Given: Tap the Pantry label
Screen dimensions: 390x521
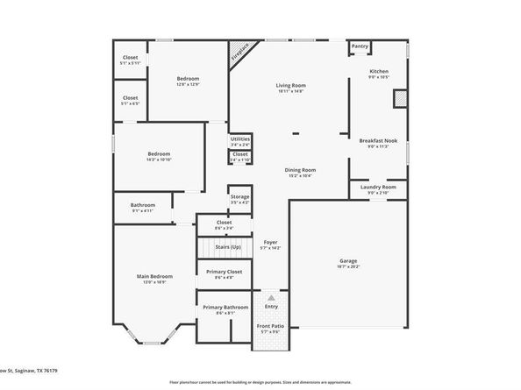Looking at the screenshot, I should [x=360, y=46].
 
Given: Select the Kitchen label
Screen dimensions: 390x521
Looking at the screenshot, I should [x=379, y=71].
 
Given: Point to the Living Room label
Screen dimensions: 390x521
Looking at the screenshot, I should [x=291, y=85].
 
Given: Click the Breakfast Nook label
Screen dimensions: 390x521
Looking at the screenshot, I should [x=378, y=140].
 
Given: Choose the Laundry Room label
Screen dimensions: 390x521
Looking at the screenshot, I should [x=378, y=187].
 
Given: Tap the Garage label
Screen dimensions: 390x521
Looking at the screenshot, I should [x=348, y=260].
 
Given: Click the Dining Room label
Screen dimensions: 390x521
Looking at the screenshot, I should [x=299, y=169].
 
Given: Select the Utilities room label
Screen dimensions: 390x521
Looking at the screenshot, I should [x=240, y=138].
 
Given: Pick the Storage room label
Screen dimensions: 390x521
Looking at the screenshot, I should [x=239, y=196].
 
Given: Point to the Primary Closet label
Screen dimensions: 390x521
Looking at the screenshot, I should [x=224, y=272].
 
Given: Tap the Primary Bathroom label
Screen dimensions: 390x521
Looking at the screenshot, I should [x=225, y=307].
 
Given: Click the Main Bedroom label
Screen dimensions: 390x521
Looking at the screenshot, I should [x=151, y=277].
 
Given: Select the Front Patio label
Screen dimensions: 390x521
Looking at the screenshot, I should [x=270, y=326].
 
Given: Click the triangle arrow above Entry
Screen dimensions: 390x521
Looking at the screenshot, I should [x=270, y=298].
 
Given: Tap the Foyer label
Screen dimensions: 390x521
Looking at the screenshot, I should [x=270, y=242].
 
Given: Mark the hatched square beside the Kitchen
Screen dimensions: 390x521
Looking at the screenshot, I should [x=399, y=97].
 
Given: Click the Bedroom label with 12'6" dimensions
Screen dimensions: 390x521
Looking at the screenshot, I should [x=188, y=79].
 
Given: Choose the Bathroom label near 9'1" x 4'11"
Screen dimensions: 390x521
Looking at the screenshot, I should [x=142, y=205].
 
